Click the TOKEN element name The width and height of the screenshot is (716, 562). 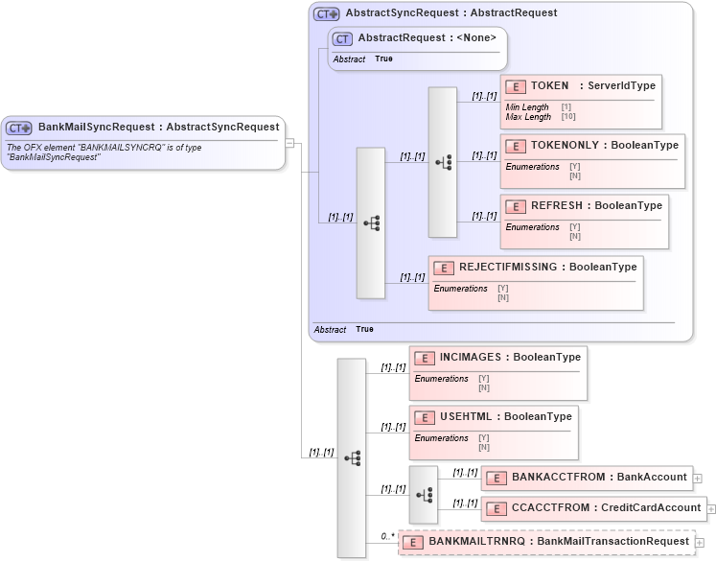[x=550, y=86]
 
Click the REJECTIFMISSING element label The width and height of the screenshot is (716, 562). [x=506, y=267]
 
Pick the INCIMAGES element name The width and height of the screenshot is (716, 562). [x=473, y=358]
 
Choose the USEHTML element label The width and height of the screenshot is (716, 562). [x=469, y=417]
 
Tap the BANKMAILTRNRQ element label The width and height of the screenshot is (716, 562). [x=477, y=542]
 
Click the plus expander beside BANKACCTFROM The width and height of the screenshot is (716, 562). [x=698, y=478]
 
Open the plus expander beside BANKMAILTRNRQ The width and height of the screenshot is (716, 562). [x=701, y=543]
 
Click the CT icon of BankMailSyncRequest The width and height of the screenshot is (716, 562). [x=19, y=128]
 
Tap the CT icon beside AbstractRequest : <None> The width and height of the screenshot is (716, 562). [x=342, y=38]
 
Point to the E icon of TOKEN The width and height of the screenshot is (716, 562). [x=515, y=87]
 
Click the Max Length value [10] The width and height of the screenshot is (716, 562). [x=568, y=117]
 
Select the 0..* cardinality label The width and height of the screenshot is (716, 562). [x=387, y=536]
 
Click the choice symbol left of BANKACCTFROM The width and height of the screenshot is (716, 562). [x=423, y=495]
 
